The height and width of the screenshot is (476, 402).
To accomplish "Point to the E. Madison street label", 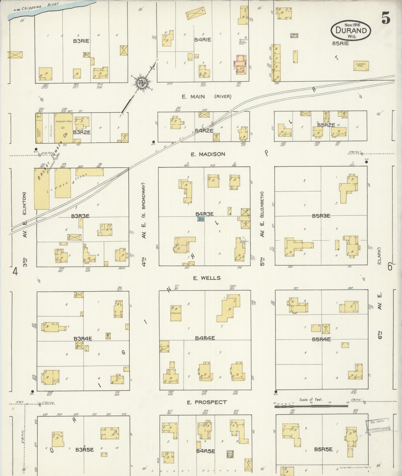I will coord(208,154).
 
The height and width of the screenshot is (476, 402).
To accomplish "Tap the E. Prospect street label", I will coord(207,402).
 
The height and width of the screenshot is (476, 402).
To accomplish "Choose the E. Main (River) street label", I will coord(206,96).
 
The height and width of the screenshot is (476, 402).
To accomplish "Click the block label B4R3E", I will coord(204,214).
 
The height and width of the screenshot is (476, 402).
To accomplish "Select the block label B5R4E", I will coord(321,339).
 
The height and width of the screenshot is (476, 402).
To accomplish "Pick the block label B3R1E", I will coord(81,41).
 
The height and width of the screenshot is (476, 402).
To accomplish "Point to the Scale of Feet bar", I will coord(311,406).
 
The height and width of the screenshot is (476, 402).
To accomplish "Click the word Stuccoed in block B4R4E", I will coord(176,313).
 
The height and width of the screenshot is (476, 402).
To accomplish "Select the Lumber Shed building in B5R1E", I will coord(361,66).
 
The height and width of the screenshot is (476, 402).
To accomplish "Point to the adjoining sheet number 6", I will coord(390,266).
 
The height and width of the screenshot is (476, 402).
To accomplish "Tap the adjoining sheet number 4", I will coord(15,271).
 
